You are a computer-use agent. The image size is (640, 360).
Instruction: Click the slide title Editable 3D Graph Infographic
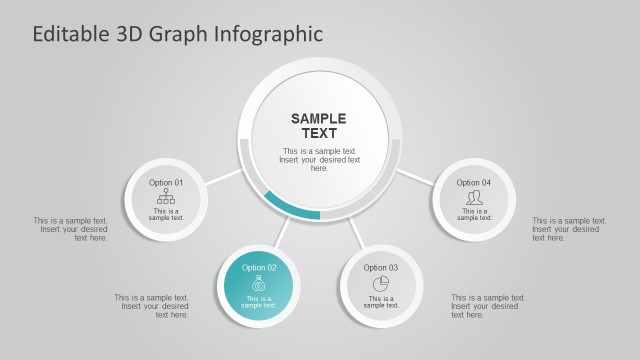(178, 34)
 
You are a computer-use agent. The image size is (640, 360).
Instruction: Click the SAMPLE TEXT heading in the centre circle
(319, 126)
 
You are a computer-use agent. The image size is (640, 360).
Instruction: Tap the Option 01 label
(166, 183)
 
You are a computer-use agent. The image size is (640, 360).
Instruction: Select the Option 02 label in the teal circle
(259, 268)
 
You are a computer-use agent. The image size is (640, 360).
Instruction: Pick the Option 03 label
(381, 268)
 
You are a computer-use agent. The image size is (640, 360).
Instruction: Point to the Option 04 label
(474, 183)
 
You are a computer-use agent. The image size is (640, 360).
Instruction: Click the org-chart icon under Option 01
(166, 197)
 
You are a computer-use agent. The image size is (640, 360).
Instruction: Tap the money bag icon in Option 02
(259, 283)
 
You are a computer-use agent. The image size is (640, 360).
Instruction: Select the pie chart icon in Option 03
(381, 283)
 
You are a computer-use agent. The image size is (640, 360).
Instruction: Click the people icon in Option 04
(474, 198)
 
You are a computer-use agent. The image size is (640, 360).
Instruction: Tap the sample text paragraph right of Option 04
(569, 229)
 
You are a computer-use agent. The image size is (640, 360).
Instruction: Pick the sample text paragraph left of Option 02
(152, 306)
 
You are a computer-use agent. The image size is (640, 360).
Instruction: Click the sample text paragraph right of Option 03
(488, 306)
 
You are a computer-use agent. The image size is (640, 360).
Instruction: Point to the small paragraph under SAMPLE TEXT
(319, 160)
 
